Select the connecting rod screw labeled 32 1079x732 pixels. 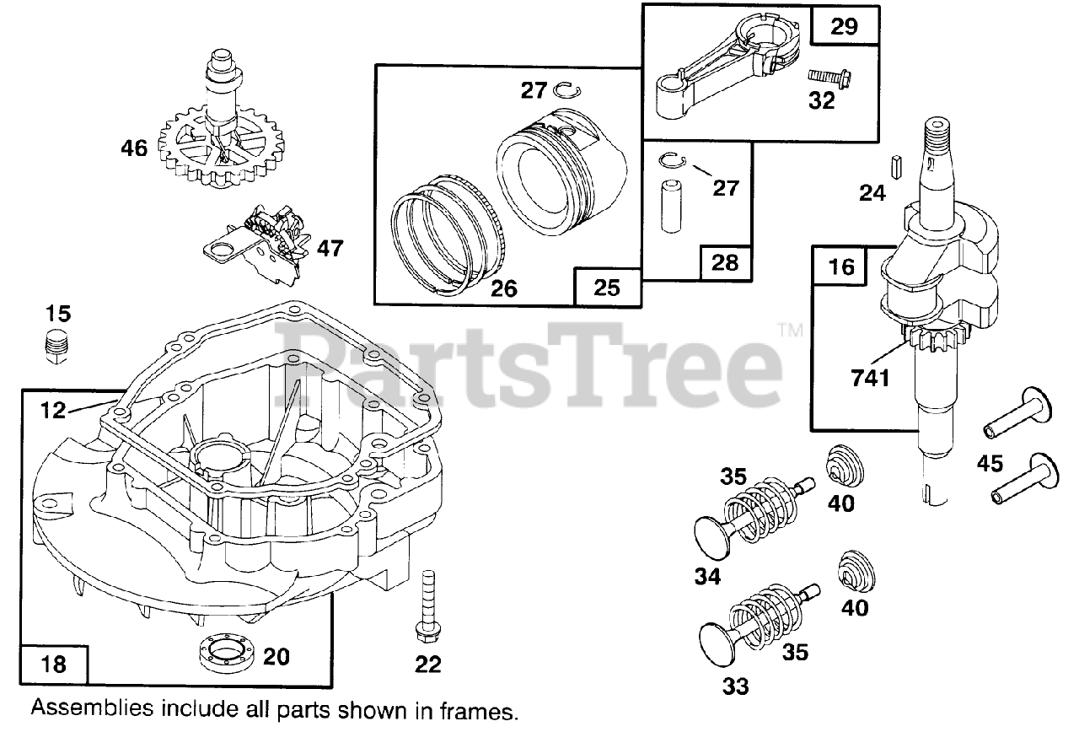831,77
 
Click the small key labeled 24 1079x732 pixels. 897,164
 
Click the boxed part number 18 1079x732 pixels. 53,663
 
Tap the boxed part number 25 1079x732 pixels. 606,288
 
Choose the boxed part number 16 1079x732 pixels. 841,266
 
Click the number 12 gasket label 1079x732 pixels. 52,411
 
